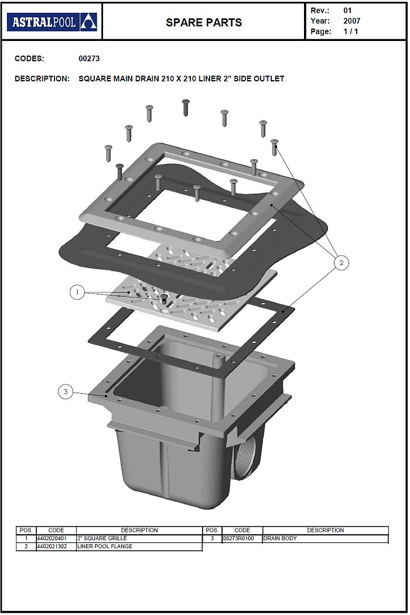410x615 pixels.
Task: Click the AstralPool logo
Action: tap(52, 22)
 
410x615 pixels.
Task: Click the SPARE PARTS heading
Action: tap(204, 23)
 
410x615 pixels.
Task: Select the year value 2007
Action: tap(352, 21)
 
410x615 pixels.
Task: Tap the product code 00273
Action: tap(89, 59)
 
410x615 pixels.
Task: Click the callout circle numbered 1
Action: tap(77, 292)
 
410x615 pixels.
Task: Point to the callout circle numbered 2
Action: tap(341, 262)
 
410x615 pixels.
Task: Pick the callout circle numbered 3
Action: tap(66, 391)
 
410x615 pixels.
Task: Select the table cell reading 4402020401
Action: tap(52, 538)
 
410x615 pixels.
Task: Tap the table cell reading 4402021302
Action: tap(52, 547)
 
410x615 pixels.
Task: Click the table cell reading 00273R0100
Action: tap(238, 538)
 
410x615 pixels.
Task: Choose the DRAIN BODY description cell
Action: tap(325, 538)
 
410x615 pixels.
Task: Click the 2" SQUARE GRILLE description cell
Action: tap(139, 538)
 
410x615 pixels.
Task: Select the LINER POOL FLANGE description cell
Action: tap(139, 547)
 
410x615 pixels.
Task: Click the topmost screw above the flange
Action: tap(186, 107)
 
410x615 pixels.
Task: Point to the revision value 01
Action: tap(347, 11)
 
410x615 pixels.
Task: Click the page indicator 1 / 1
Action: tap(351, 32)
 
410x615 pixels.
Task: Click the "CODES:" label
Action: tap(29, 59)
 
